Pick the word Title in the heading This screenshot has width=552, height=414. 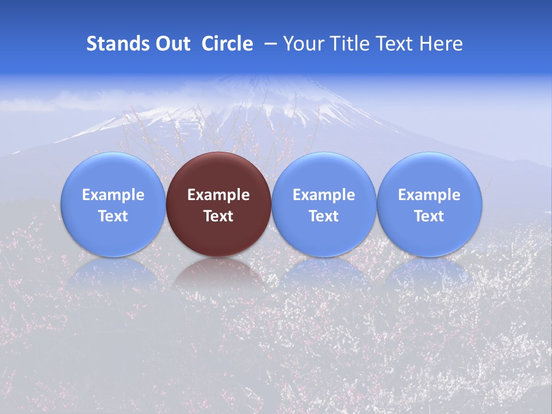(x=351, y=44)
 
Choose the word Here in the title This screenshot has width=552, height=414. (x=442, y=44)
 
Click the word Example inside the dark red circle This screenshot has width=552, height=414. (x=218, y=195)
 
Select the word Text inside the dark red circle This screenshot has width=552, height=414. (x=218, y=216)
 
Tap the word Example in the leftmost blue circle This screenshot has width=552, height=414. (x=113, y=195)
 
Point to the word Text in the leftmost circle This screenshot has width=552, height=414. (x=113, y=216)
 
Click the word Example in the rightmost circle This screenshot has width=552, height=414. (x=429, y=195)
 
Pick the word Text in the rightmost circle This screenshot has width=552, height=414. (x=429, y=216)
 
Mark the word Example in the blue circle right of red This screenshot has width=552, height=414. (x=324, y=195)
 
